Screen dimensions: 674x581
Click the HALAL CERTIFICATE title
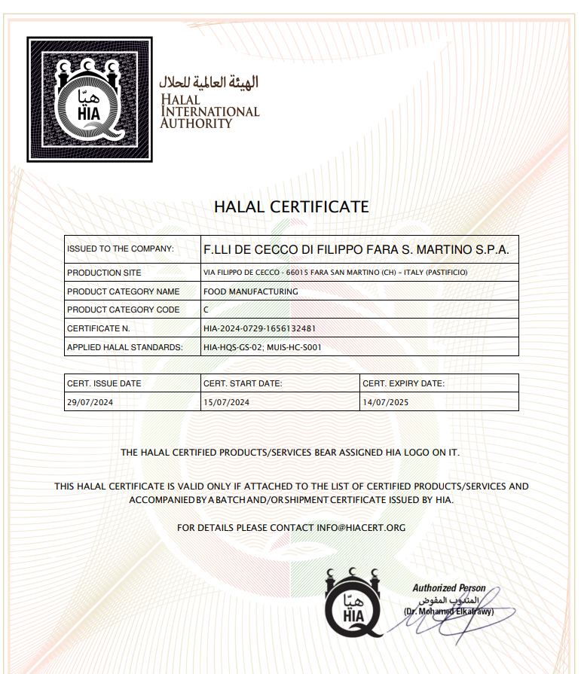[x=291, y=206]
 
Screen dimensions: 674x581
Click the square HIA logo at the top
[x=90, y=99]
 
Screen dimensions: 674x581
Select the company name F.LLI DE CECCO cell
[x=356, y=249]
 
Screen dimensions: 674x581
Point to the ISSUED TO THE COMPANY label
[x=121, y=249]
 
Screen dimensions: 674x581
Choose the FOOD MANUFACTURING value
[x=250, y=291]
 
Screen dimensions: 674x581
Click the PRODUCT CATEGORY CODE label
[x=124, y=310]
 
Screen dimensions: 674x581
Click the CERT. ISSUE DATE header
[x=104, y=383]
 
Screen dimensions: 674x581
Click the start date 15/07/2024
[x=226, y=402]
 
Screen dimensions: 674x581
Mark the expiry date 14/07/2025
[x=385, y=402]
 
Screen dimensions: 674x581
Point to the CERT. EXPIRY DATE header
[x=403, y=383]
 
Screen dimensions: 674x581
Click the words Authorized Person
[x=449, y=588]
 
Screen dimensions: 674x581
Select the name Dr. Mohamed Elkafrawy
[x=449, y=611]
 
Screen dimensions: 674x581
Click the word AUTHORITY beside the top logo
[x=196, y=123]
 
